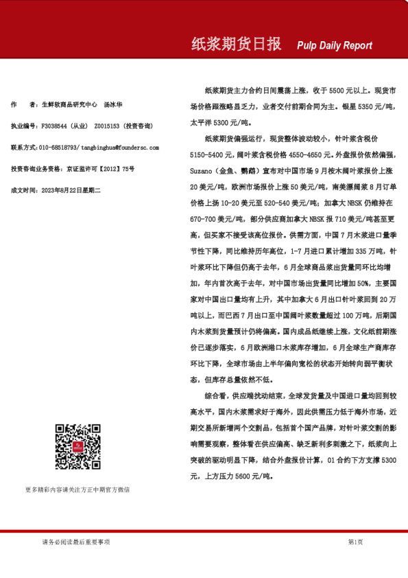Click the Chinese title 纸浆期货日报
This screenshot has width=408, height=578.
point(235,45)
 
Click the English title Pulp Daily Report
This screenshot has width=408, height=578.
point(335,45)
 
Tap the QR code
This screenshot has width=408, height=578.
point(77,446)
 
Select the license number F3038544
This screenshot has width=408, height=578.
point(54,126)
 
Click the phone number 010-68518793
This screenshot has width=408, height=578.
point(58,147)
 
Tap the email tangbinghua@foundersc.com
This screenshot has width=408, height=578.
point(119,147)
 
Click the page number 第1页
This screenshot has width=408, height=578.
point(355,542)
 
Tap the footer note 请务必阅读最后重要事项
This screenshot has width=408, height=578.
point(75,542)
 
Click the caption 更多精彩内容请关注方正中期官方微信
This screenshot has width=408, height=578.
point(77,489)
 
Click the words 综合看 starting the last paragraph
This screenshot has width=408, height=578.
point(215,396)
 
